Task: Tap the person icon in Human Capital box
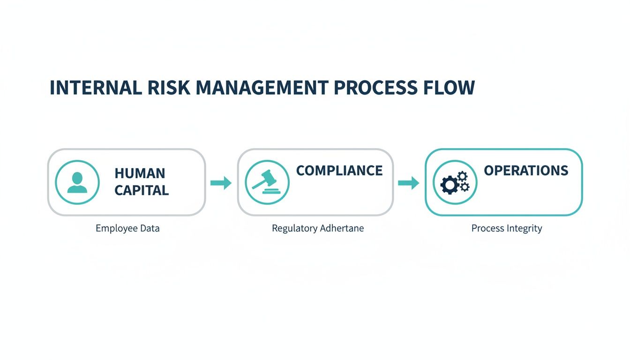[x=77, y=182]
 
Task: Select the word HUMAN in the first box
[x=140, y=173]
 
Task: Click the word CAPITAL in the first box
[x=142, y=190]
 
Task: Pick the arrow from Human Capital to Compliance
[x=221, y=183]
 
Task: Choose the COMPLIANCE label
[x=339, y=171]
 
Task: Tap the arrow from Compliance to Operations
[x=408, y=183]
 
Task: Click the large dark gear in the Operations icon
[x=450, y=185]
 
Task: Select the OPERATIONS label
[x=526, y=171]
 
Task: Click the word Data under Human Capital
[x=150, y=229]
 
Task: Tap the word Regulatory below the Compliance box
[x=294, y=229]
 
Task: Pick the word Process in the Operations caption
[x=487, y=229]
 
